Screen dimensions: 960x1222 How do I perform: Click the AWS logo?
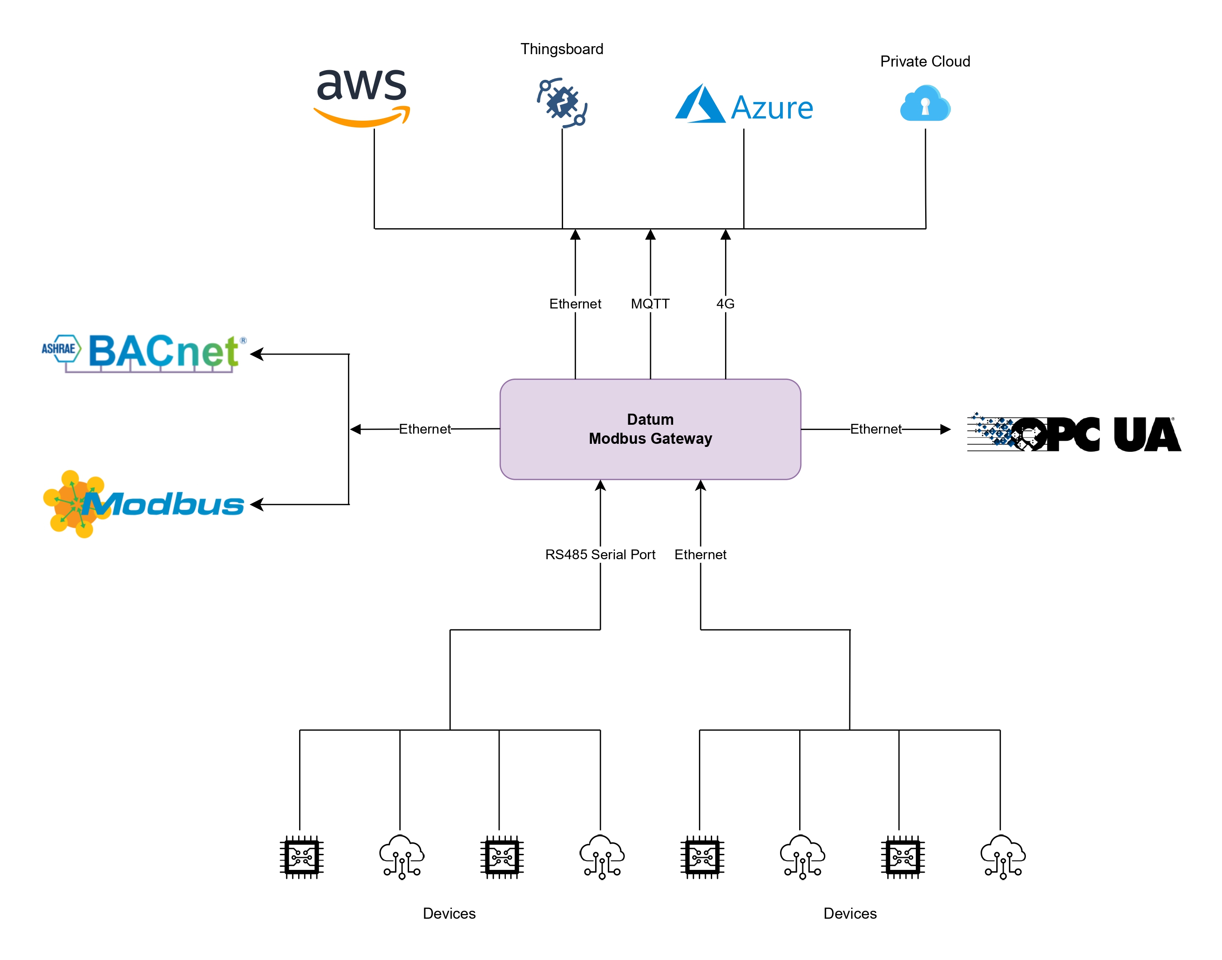click(361, 97)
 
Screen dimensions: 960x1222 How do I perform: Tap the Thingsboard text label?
click(561, 49)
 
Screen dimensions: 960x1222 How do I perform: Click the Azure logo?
click(743, 105)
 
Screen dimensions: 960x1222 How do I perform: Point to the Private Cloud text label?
click(924, 61)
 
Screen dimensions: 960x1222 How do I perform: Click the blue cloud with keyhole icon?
click(924, 104)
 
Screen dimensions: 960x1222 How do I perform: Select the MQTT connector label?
click(650, 304)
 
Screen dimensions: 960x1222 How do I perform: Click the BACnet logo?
click(144, 352)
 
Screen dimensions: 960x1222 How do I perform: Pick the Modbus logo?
click(144, 504)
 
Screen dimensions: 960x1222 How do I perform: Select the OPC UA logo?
click(1073, 433)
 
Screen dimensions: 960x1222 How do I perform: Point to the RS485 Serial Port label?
click(599, 554)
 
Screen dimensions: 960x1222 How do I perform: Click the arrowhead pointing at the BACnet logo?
click(257, 354)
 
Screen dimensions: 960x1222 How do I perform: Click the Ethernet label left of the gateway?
click(424, 429)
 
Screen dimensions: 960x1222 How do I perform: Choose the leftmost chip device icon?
click(301, 857)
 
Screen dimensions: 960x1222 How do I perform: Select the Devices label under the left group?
click(449, 913)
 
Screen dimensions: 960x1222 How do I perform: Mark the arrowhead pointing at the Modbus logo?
click(257, 504)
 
